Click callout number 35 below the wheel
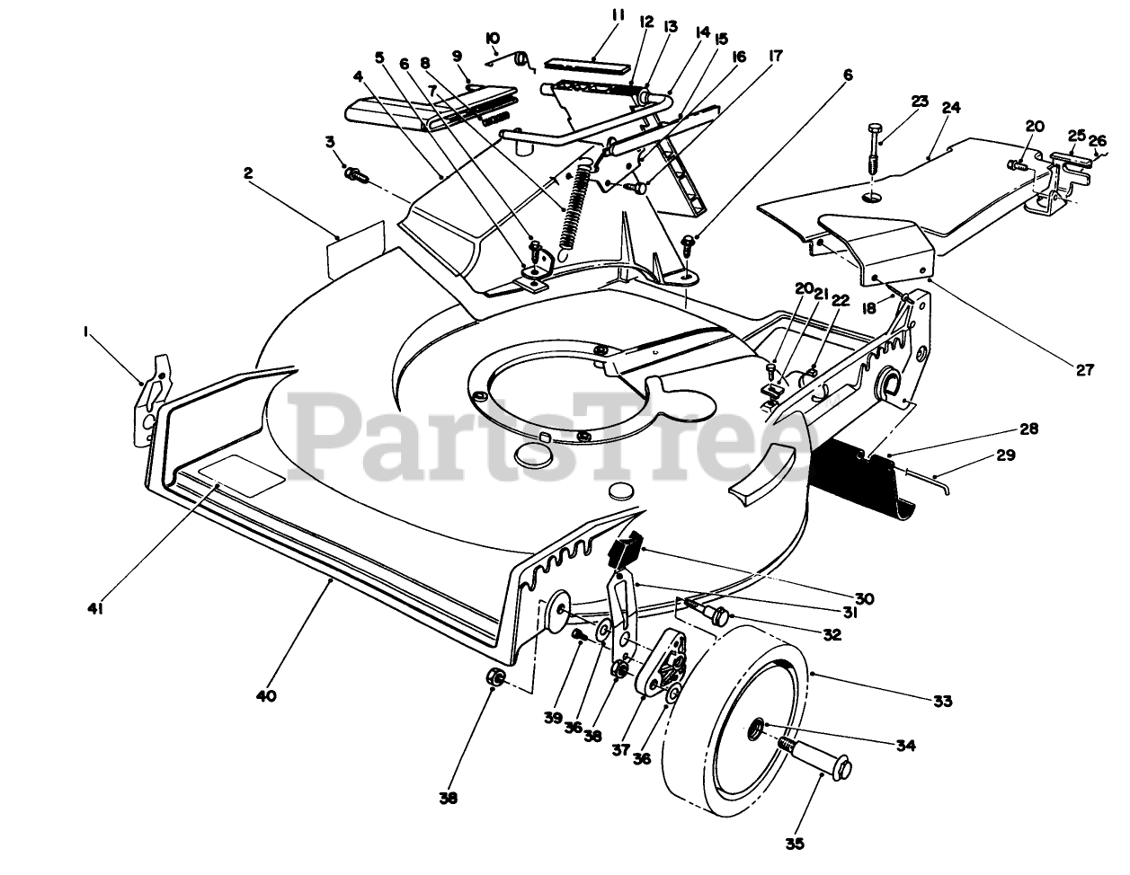[794, 844]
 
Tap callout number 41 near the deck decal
[96, 608]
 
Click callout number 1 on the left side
[86, 331]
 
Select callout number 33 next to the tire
[942, 701]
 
